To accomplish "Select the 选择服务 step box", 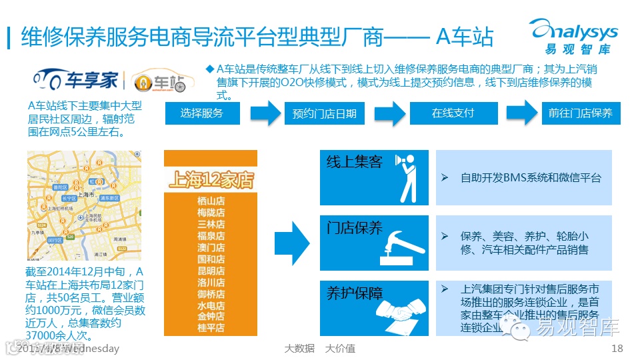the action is click(201, 113).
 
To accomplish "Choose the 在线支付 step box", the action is click(453, 113).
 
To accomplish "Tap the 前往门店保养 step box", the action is click(580, 113).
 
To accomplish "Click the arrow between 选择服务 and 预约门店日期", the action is click(263, 113).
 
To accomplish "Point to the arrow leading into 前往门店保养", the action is click(520, 113).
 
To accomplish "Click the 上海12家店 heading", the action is click(211, 179).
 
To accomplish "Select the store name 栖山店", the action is click(211, 201).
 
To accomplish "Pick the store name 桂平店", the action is click(211, 327).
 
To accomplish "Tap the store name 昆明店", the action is click(211, 271).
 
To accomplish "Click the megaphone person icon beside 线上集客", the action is click(405, 177).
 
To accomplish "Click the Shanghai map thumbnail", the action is click(83, 205).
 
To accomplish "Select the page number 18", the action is click(617, 349).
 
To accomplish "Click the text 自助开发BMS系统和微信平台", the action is click(531, 178).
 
